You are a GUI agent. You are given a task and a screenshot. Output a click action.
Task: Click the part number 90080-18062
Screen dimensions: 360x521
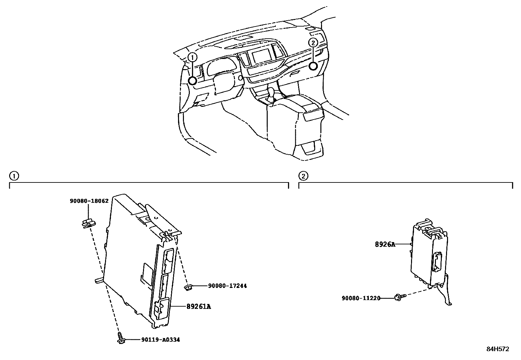[89, 201]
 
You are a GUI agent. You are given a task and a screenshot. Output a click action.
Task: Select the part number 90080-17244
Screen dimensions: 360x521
[227, 286]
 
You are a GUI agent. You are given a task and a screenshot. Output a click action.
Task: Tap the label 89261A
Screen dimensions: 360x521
[199, 307]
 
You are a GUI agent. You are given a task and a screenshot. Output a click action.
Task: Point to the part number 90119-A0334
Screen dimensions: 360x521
[161, 340]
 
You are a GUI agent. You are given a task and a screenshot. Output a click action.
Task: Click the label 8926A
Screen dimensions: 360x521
[385, 244]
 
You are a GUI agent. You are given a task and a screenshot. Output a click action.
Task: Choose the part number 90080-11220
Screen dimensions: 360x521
[361, 298]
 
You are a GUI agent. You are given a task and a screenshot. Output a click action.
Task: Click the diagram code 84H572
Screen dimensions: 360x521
[498, 349]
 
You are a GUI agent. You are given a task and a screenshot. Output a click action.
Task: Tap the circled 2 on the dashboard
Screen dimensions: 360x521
[313, 42]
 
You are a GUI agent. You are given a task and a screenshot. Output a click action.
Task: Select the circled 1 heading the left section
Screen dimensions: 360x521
[14, 176]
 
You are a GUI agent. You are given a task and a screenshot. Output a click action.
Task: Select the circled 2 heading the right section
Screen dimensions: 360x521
[303, 176]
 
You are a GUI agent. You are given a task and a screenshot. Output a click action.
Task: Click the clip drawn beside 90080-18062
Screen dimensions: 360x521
[88, 223]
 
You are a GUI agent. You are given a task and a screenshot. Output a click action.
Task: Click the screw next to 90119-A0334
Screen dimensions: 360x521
[121, 338]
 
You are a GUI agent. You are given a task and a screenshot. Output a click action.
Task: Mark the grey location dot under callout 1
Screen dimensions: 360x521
[192, 81]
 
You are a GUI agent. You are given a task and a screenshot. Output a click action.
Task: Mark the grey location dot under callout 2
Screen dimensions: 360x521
[313, 66]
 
